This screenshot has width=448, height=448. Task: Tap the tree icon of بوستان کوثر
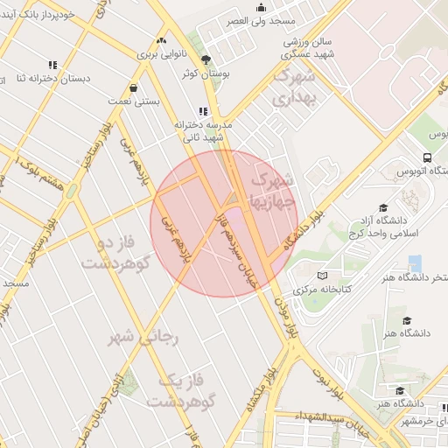205,59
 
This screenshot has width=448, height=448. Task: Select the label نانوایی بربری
161,53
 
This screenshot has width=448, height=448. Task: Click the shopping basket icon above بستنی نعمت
133,87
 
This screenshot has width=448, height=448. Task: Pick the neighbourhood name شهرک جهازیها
274,190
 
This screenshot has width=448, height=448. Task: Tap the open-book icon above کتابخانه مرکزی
322,274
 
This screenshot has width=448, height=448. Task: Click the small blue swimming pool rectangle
415,262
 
